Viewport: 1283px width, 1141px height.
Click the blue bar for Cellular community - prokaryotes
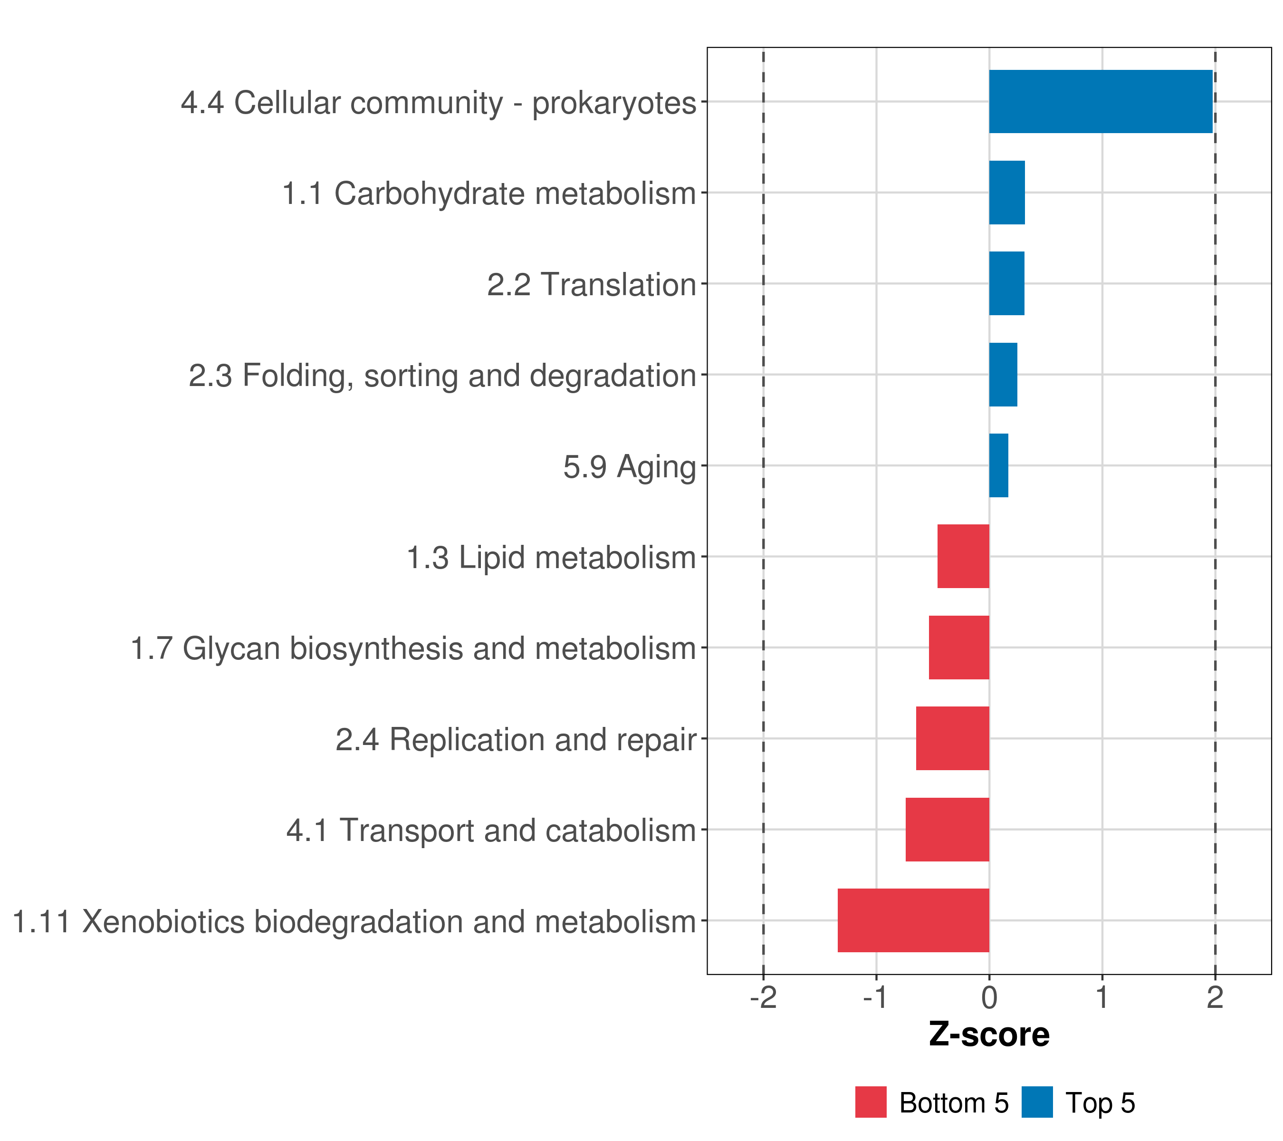click(1101, 102)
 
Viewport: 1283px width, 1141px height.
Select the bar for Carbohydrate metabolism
click(1007, 193)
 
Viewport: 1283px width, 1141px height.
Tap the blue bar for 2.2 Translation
click(1006, 284)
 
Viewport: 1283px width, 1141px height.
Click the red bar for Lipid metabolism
click(963, 556)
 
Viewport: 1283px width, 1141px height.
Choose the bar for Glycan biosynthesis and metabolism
click(958, 648)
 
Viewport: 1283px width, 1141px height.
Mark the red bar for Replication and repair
click(952, 738)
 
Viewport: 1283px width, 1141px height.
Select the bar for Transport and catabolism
click(947, 830)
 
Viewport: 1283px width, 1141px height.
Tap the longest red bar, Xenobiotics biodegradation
click(913, 920)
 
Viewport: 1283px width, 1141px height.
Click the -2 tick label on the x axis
click(763, 998)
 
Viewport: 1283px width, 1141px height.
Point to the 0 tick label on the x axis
click(989, 998)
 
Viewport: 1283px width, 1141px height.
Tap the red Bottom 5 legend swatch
click(871, 1102)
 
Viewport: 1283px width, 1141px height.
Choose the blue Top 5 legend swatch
click(1037, 1102)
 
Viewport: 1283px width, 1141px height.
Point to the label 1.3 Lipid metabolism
click(551, 558)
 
